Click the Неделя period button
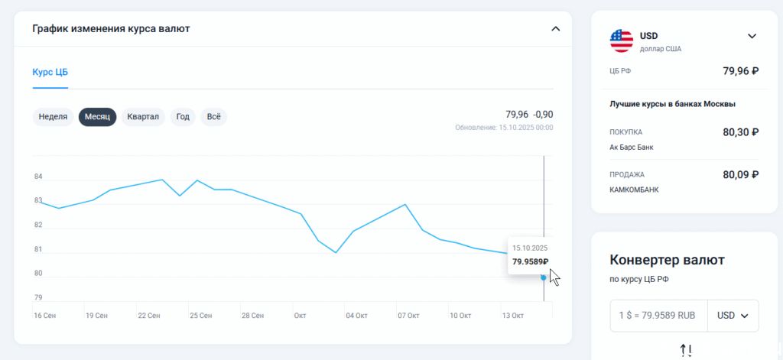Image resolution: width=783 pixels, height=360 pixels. [x=53, y=117]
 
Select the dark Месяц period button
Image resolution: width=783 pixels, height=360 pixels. [x=97, y=117]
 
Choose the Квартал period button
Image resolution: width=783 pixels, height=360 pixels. [x=143, y=117]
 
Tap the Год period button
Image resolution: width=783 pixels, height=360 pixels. [x=183, y=117]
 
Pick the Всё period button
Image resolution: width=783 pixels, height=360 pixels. [x=214, y=117]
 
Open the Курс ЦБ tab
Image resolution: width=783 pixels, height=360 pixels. [x=50, y=72]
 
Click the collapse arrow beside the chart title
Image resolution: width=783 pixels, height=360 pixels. [x=555, y=29]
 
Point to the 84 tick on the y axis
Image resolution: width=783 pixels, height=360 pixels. [x=38, y=177]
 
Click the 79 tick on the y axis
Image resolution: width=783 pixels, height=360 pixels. [x=38, y=297]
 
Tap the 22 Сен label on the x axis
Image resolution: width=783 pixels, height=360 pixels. [x=149, y=316]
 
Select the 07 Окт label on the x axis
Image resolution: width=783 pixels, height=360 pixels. [x=408, y=316]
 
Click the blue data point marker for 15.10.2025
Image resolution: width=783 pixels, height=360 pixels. [x=544, y=277]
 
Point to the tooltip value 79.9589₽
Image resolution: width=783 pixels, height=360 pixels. [x=531, y=261]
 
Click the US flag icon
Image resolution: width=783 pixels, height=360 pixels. [x=622, y=41]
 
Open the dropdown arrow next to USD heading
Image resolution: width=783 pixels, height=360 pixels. [x=752, y=36]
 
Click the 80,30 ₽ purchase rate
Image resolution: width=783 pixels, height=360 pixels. [x=741, y=132]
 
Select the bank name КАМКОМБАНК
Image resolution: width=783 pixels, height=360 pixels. [x=634, y=190]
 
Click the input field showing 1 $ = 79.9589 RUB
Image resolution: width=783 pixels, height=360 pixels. [x=658, y=316]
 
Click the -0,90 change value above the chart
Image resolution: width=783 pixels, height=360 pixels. [x=543, y=115]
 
